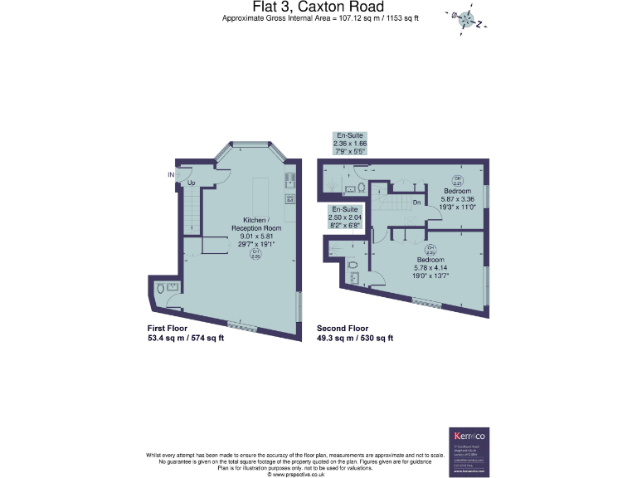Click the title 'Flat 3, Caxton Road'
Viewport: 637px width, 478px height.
click(318, 7)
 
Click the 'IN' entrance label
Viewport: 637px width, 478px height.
click(172, 174)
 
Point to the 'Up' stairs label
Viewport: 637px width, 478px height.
click(191, 183)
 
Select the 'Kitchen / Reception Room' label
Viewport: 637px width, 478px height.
click(255, 223)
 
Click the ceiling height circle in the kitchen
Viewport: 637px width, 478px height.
click(256, 256)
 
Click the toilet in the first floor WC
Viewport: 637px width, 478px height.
click(161, 290)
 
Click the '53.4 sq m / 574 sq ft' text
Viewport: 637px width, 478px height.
click(185, 338)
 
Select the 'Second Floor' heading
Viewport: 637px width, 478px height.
click(342, 328)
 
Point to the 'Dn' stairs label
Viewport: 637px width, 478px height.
click(417, 202)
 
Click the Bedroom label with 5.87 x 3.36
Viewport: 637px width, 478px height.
click(457, 196)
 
